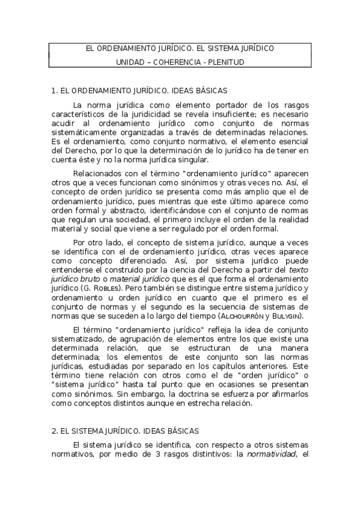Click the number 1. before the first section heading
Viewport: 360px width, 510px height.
54,91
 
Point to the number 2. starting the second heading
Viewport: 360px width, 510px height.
55,431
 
